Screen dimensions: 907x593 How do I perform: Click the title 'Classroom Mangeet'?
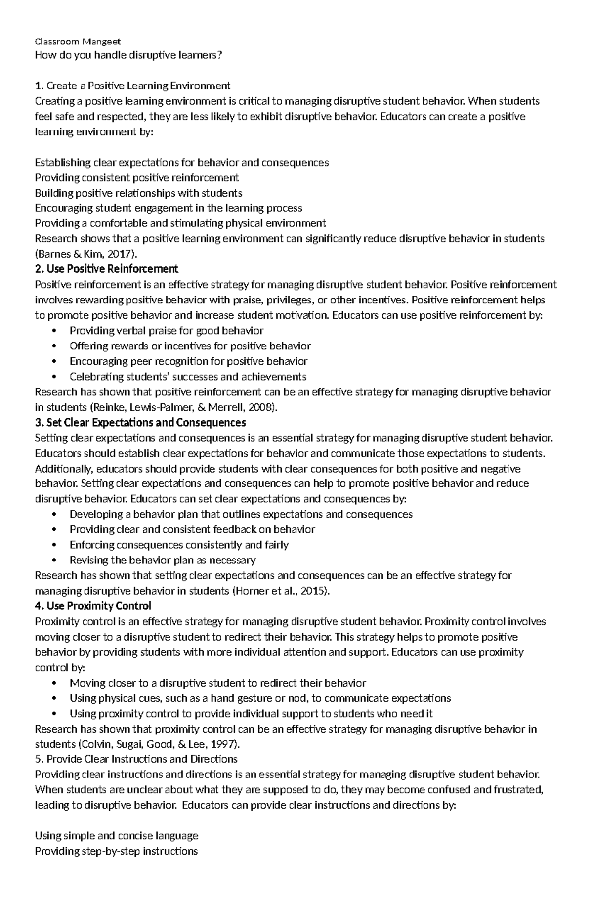78,42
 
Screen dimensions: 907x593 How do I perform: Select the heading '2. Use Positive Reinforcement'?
106,269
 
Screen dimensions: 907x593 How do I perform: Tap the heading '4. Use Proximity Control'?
93,606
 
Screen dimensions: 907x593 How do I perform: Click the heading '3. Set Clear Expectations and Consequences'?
140,423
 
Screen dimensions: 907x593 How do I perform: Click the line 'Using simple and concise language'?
117,836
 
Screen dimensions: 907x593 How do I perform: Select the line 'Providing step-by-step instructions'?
117,851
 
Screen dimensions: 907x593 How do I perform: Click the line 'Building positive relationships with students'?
138,193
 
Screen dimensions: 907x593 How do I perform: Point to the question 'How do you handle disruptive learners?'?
128,55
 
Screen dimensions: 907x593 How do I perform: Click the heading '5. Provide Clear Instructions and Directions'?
136,759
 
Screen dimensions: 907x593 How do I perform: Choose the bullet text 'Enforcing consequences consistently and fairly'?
179,545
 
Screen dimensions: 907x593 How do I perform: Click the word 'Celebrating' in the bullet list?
97,377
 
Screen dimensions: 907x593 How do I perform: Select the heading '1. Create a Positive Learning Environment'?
132,86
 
